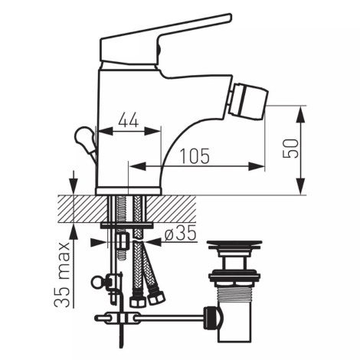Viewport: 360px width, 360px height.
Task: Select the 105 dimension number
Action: (x=195, y=155)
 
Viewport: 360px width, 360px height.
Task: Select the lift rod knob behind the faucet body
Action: (x=81, y=139)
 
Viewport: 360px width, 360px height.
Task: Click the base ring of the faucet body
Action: (x=129, y=190)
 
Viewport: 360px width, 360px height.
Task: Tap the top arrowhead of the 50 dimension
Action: (x=300, y=111)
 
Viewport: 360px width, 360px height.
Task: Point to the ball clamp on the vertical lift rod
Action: (x=98, y=282)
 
